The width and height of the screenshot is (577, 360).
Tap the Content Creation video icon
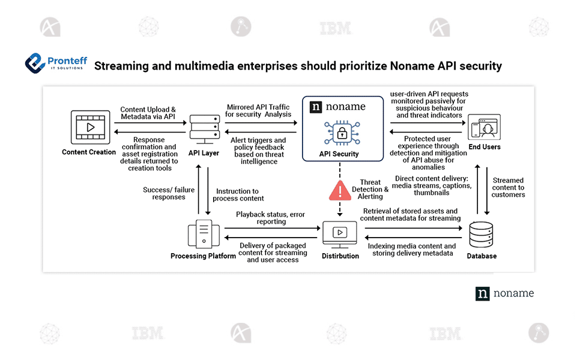(x=90, y=127)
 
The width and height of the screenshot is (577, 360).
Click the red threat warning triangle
(x=339, y=190)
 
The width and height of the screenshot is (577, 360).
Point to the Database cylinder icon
(x=482, y=235)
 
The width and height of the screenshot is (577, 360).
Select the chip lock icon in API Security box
(x=339, y=133)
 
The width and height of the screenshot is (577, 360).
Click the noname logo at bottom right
(x=504, y=293)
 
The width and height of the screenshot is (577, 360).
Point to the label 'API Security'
(x=339, y=154)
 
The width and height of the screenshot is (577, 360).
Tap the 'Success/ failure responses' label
(x=169, y=193)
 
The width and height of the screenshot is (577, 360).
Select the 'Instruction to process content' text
(x=239, y=195)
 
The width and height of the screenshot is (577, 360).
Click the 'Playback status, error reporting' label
(x=270, y=218)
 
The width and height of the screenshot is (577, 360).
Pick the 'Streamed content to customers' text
(x=508, y=187)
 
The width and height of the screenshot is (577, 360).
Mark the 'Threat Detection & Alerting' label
(x=370, y=189)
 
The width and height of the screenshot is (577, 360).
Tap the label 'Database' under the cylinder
(x=482, y=256)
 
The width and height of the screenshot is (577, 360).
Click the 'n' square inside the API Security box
(x=316, y=107)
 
